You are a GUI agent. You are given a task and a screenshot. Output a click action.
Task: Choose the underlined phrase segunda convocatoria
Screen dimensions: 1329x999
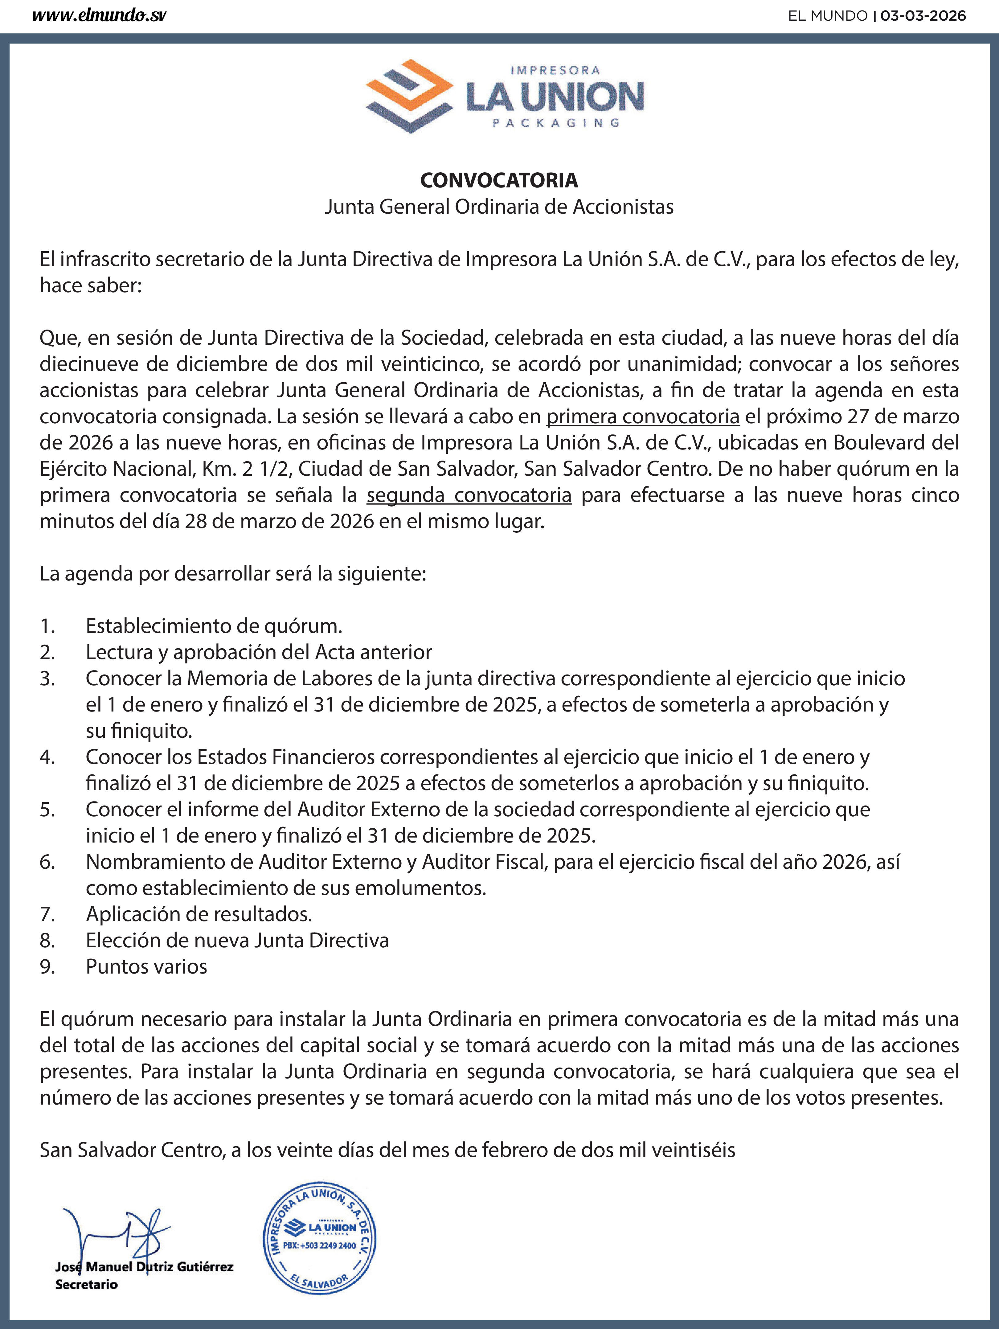tap(469, 495)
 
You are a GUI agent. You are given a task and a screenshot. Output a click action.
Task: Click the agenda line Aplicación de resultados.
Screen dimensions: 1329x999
tap(199, 914)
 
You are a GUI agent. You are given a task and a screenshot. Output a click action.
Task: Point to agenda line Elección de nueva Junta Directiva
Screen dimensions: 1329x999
tap(237, 940)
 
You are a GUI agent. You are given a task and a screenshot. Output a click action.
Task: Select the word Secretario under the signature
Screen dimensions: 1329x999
tap(87, 1285)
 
